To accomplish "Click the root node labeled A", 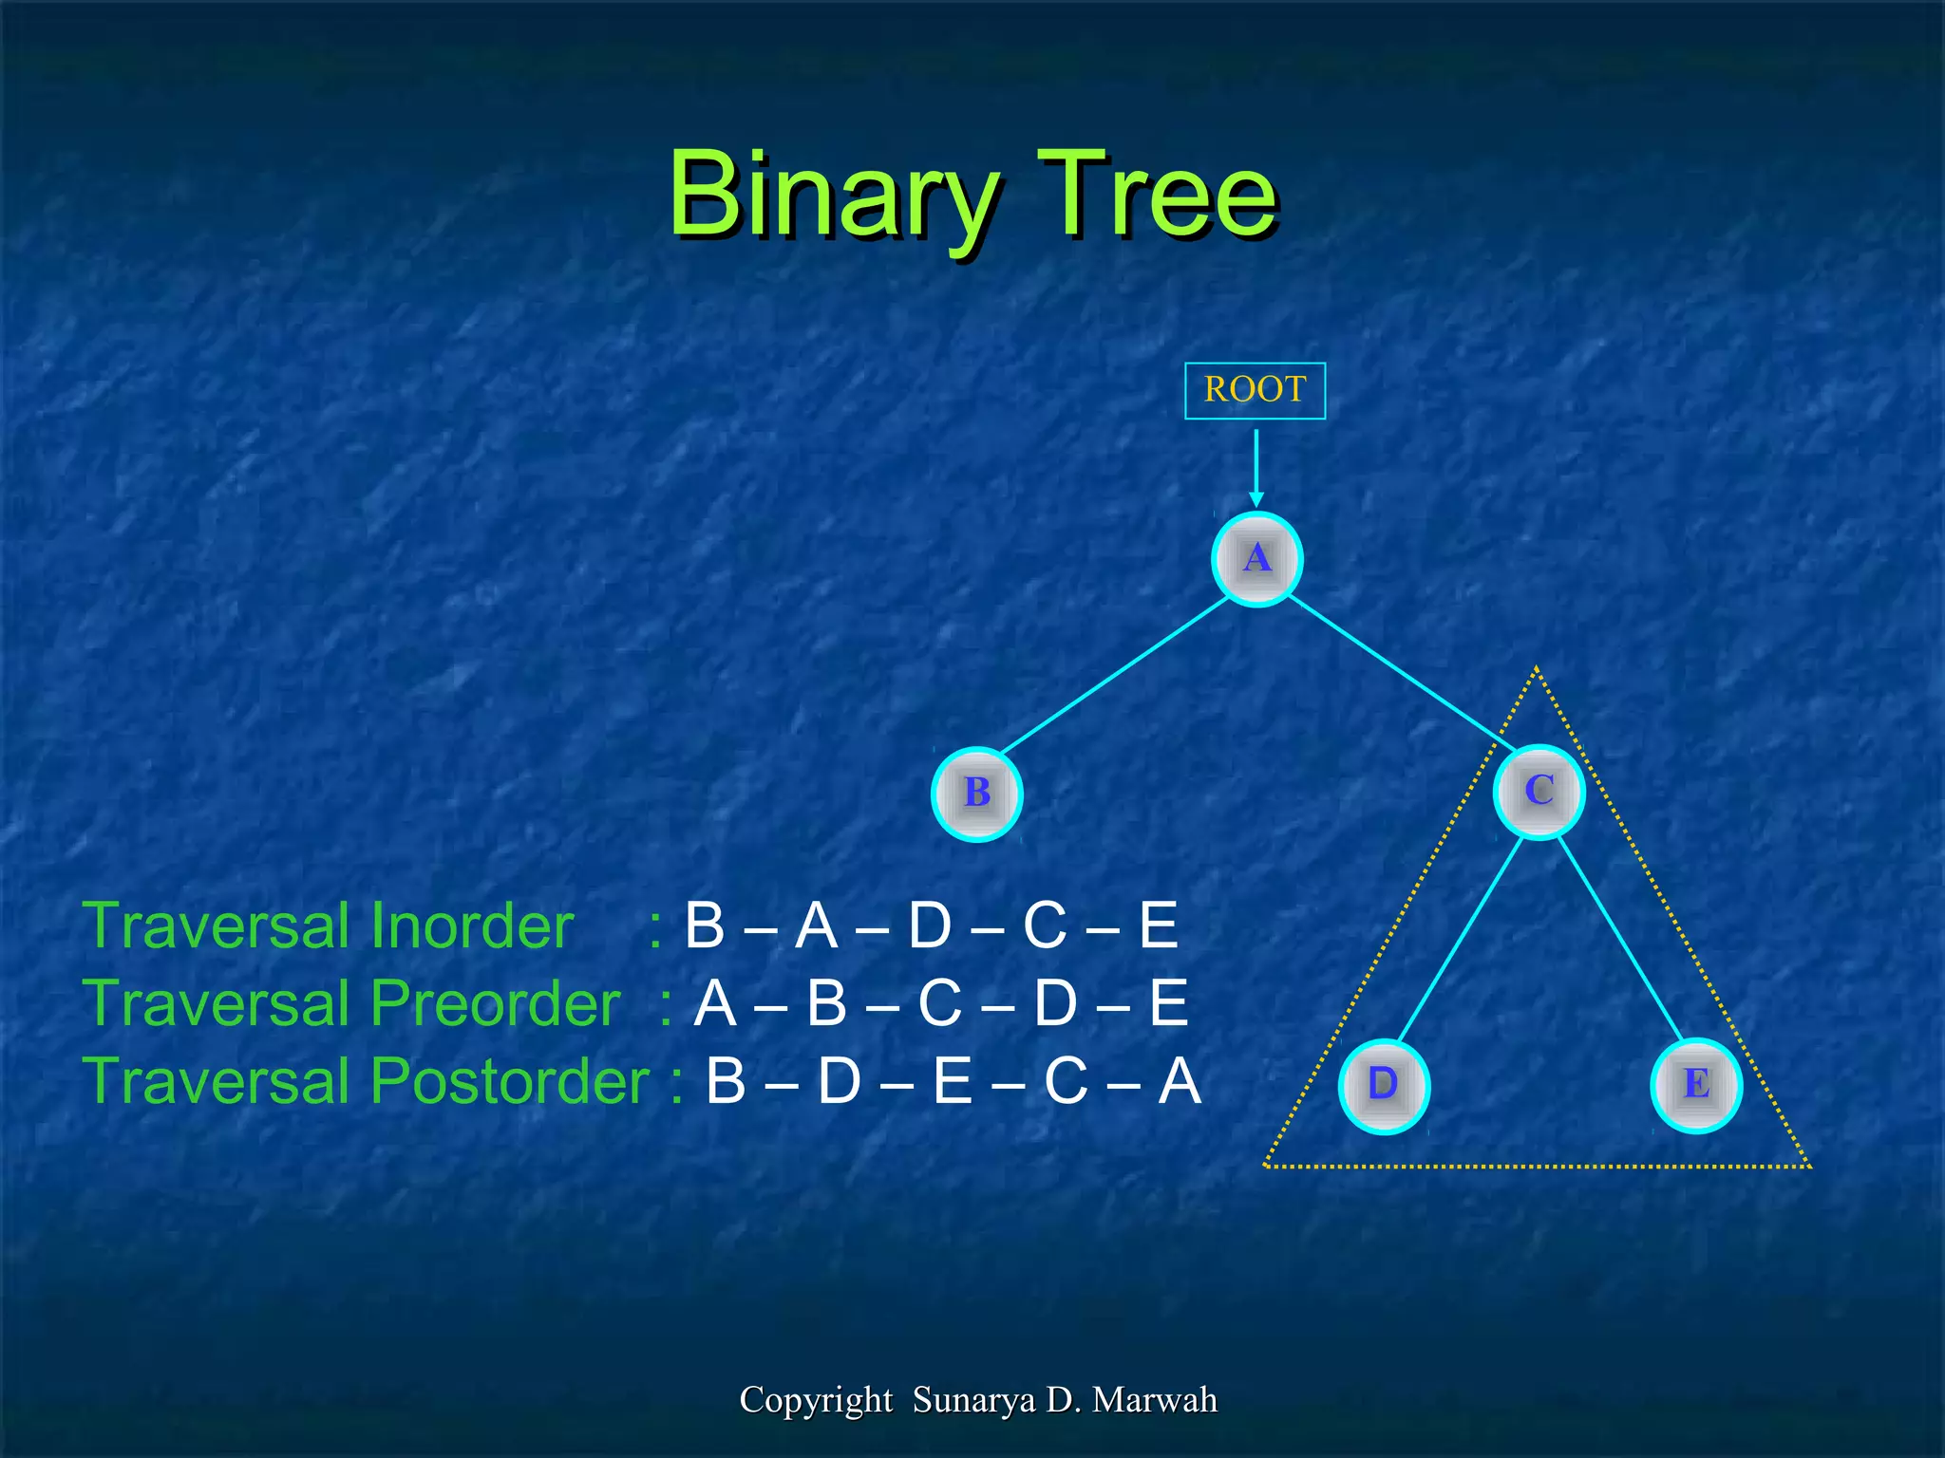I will point(1256,558).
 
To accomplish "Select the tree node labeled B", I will point(976,794).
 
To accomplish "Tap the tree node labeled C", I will point(1539,792).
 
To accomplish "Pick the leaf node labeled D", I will point(1384,1085).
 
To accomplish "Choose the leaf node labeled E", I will point(1696,1085).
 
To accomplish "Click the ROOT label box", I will point(1255,390).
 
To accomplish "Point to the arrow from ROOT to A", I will point(1256,465).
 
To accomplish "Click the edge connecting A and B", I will point(1116,675).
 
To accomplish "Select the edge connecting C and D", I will point(1461,940).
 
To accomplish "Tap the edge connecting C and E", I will point(1620,940).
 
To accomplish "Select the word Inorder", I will point(471,925).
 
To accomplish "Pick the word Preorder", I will point(495,1003).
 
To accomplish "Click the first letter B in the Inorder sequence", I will point(705,925).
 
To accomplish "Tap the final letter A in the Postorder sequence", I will point(1180,1081).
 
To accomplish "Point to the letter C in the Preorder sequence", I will point(939,1003).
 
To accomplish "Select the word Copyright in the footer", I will point(816,1400).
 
